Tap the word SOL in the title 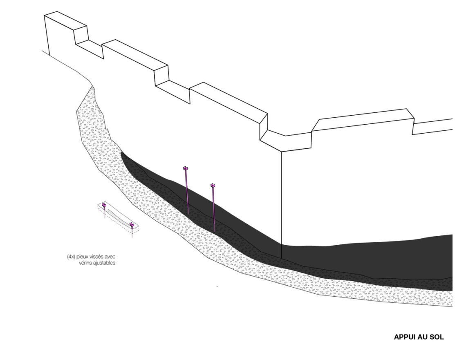click(x=437, y=337)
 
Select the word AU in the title click(x=424, y=337)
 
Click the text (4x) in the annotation click(x=71, y=257)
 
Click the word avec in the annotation click(x=110, y=257)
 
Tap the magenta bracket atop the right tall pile click(x=213, y=186)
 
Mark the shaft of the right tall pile click(x=214, y=208)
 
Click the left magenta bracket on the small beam click(x=104, y=205)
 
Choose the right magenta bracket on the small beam click(x=131, y=225)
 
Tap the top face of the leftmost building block click(x=65, y=20)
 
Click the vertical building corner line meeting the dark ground click(x=281, y=205)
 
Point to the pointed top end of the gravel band click(x=92, y=87)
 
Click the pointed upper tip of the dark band click(x=121, y=152)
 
